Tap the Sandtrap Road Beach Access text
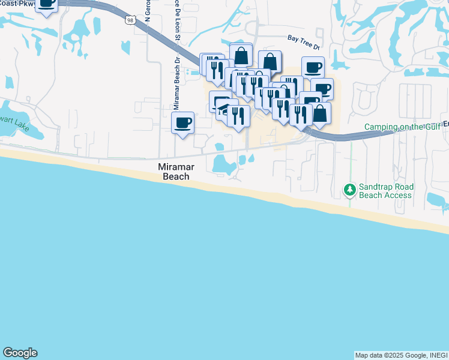pos(385,191)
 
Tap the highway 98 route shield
pos(130,20)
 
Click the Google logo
pos(20,353)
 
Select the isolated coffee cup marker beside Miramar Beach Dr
pos(182,123)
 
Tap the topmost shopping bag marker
pos(241,56)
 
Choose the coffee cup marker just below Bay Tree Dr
pos(313,67)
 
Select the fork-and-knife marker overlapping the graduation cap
pos(239,116)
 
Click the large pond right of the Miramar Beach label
pos(223,163)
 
